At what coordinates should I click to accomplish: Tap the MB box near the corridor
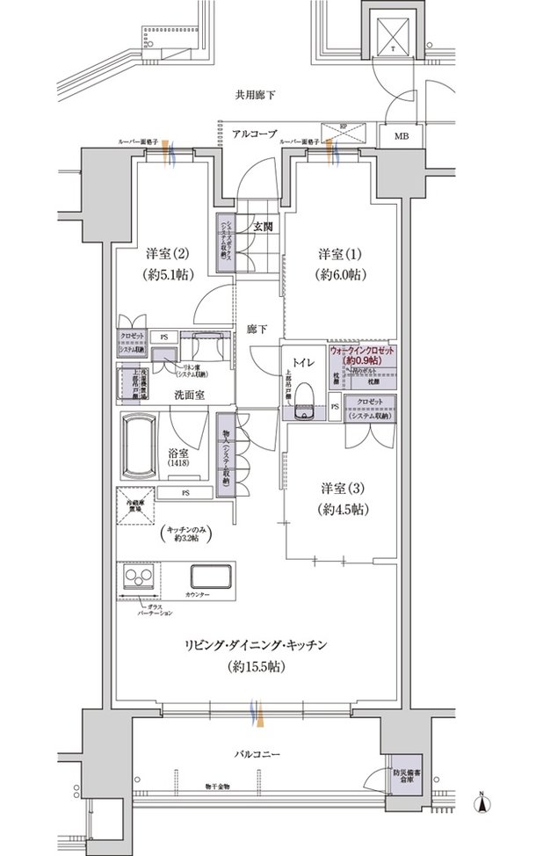(401, 136)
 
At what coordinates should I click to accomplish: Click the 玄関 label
(263, 226)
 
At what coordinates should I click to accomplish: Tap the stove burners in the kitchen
(140, 579)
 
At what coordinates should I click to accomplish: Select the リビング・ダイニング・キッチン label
(257, 646)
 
